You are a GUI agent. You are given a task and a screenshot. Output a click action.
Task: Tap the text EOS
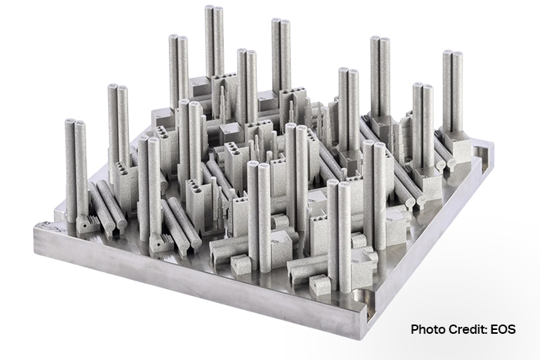(x=503, y=329)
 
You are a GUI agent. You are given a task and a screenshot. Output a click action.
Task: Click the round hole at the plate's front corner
(x=362, y=297)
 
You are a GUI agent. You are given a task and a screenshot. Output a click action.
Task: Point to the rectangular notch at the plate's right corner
(x=482, y=151)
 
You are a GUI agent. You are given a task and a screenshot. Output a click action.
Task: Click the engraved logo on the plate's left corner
(x=47, y=226)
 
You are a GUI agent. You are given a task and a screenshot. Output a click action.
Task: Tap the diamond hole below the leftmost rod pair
(x=83, y=227)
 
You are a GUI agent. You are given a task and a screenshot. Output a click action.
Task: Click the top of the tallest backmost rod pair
(x=214, y=7)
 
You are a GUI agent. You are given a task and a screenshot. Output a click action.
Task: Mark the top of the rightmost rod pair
(x=452, y=52)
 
